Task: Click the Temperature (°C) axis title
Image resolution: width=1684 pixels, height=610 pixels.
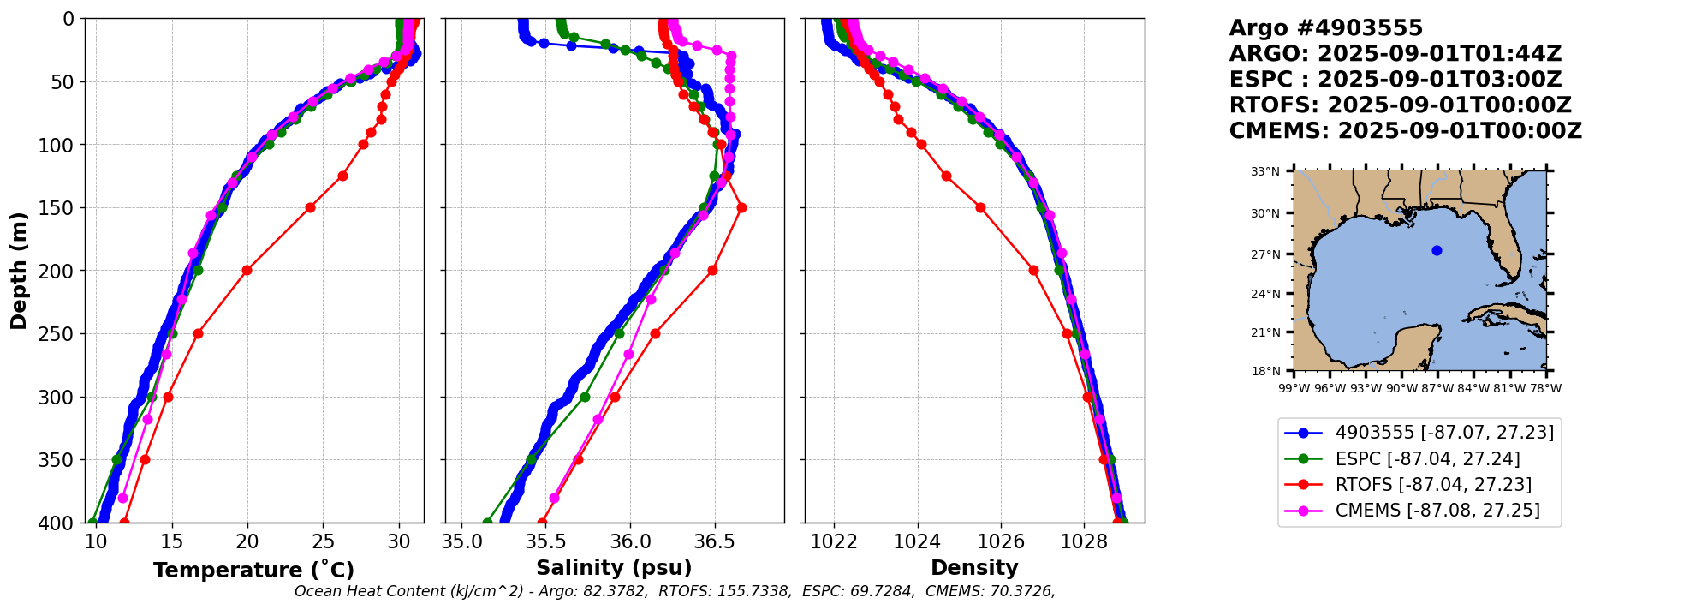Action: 253,571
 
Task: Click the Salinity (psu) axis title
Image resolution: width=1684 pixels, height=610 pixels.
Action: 614,568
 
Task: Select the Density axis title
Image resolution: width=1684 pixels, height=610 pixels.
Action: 974,568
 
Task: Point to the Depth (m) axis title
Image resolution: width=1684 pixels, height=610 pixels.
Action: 19,271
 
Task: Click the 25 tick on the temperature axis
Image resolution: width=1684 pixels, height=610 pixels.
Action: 323,541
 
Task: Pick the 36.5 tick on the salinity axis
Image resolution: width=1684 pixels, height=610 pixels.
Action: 714,541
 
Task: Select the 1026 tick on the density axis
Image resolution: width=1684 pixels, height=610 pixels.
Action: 1001,541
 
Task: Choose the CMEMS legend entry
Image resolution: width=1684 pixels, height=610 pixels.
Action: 1437,511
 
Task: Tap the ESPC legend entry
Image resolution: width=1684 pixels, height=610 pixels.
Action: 1427,459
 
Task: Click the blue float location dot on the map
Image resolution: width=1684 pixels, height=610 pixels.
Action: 1437,251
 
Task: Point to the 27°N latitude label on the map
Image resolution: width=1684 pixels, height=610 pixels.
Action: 1264,254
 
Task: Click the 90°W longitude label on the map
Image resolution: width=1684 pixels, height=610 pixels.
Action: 1401,388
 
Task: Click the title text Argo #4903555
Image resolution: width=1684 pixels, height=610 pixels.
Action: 1325,28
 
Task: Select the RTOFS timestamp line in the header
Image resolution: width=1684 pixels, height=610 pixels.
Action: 1400,105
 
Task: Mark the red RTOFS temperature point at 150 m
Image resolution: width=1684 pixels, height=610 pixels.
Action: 310,207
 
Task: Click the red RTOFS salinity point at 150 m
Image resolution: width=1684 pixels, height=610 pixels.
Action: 741,207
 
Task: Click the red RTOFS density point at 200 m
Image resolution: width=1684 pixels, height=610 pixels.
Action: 1033,271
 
